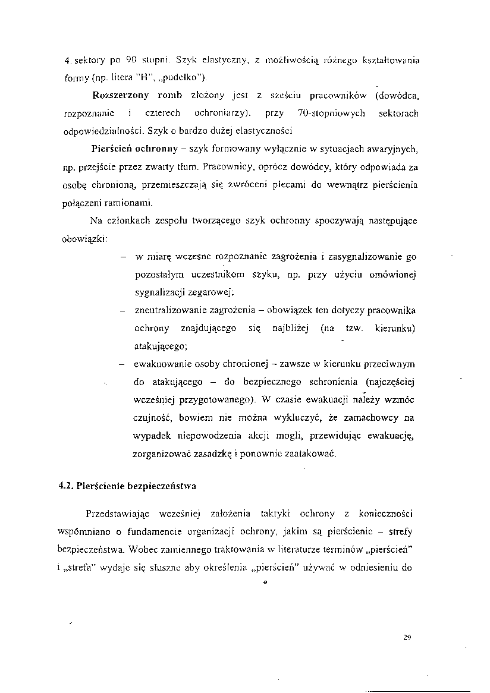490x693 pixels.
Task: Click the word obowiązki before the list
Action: tap(85, 238)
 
